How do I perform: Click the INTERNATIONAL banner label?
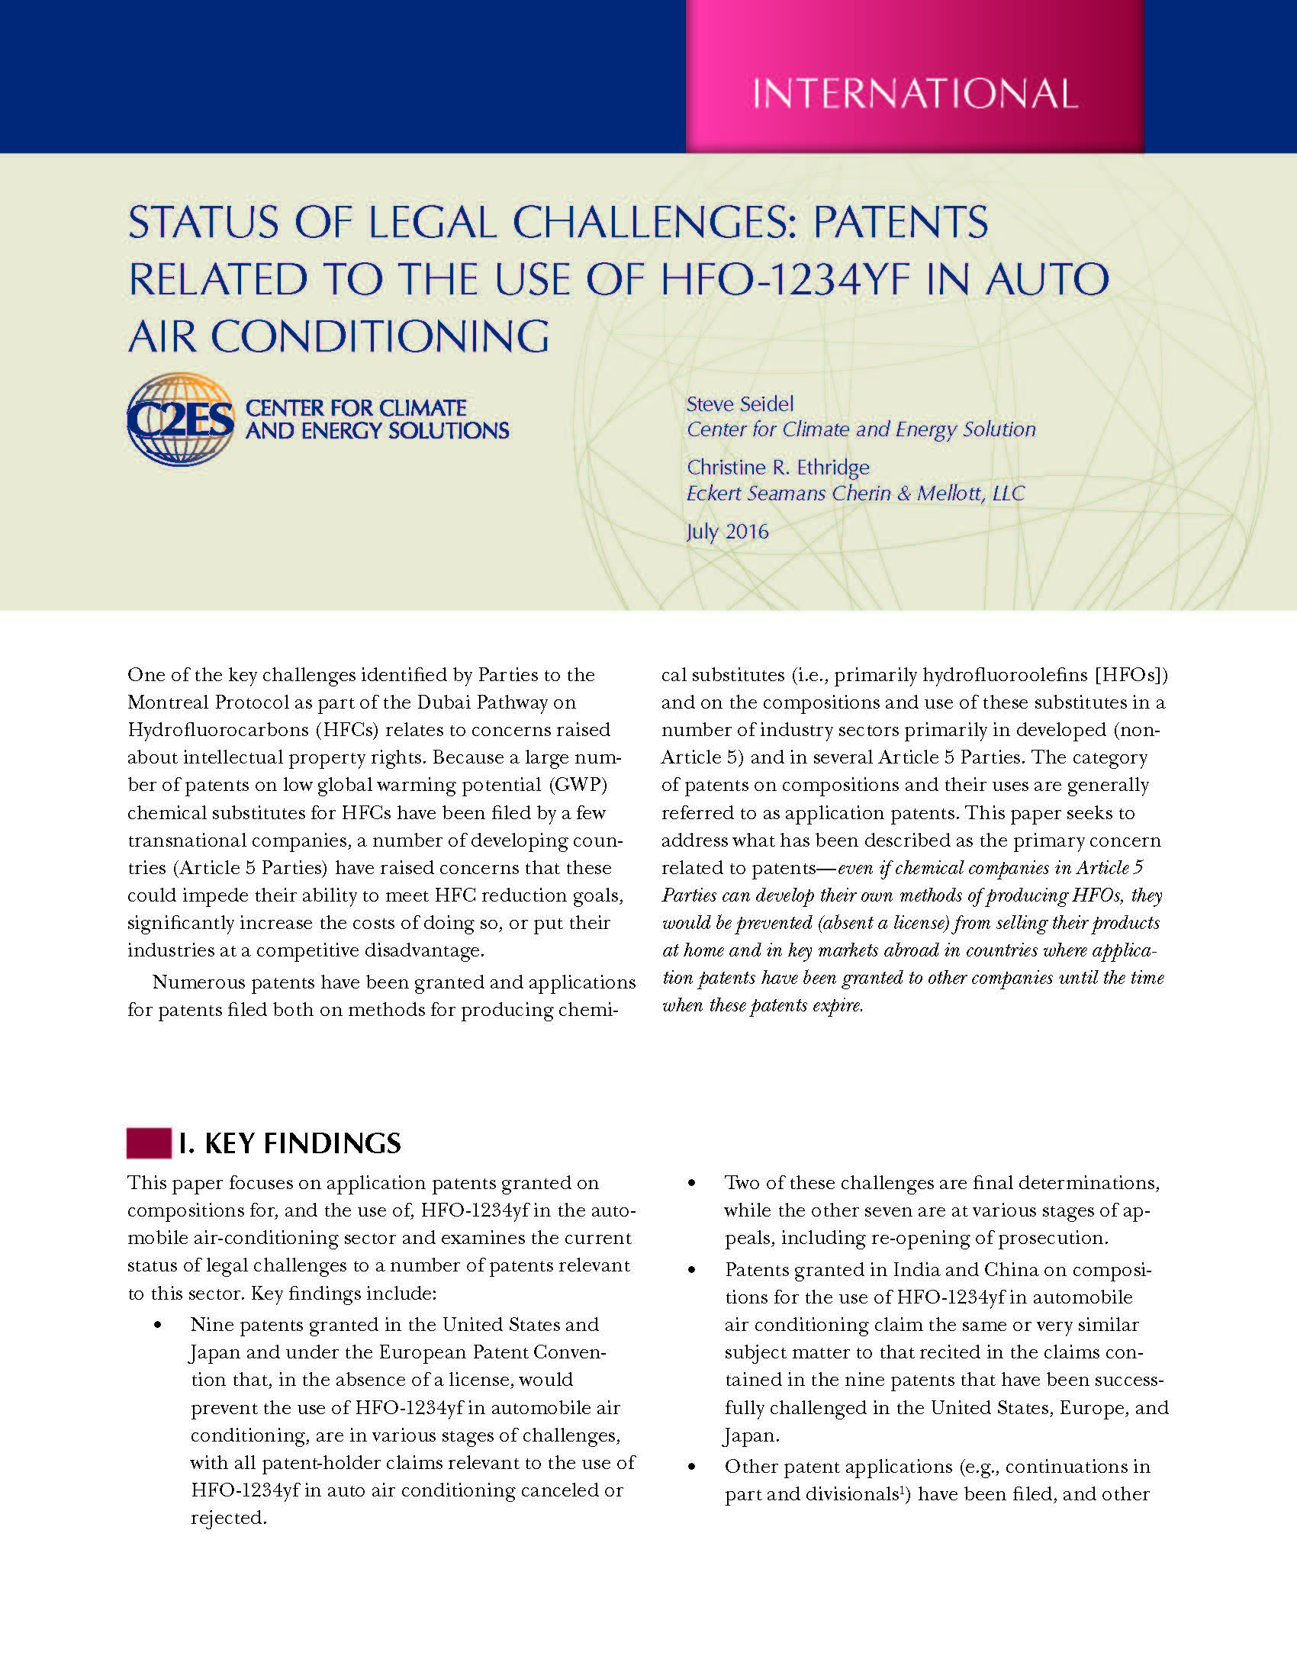point(914,94)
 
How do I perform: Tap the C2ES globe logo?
point(181,419)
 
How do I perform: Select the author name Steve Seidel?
point(739,404)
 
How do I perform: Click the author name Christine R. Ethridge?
point(777,467)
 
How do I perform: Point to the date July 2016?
point(727,532)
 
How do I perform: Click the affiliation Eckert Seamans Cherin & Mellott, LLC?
point(855,493)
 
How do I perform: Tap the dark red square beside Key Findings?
point(148,1143)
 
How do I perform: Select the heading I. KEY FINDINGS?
point(290,1143)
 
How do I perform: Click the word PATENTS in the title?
point(900,223)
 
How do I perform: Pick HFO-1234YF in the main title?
point(787,279)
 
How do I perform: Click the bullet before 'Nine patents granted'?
point(159,1326)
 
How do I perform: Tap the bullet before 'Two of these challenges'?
point(692,1184)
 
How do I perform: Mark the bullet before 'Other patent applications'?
point(692,1467)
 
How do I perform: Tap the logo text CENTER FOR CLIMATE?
point(356,407)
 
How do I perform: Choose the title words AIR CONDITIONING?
point(339,336)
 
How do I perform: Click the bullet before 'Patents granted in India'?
point(692,1270)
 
